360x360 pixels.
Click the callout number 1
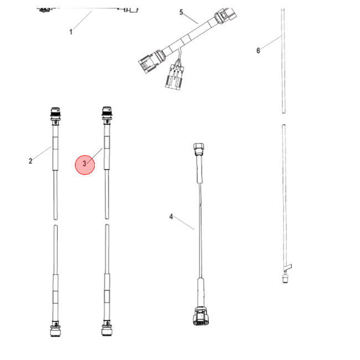71,32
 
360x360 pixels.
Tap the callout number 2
30,161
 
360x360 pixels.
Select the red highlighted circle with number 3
85,164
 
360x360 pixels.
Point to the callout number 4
171,216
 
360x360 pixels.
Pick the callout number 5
180,12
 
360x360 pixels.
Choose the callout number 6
258,51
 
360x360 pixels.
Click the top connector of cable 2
54,114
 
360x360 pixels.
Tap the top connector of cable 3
105,114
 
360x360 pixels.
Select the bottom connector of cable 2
54,331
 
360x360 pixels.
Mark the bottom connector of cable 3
105,331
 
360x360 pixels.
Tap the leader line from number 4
184,223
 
